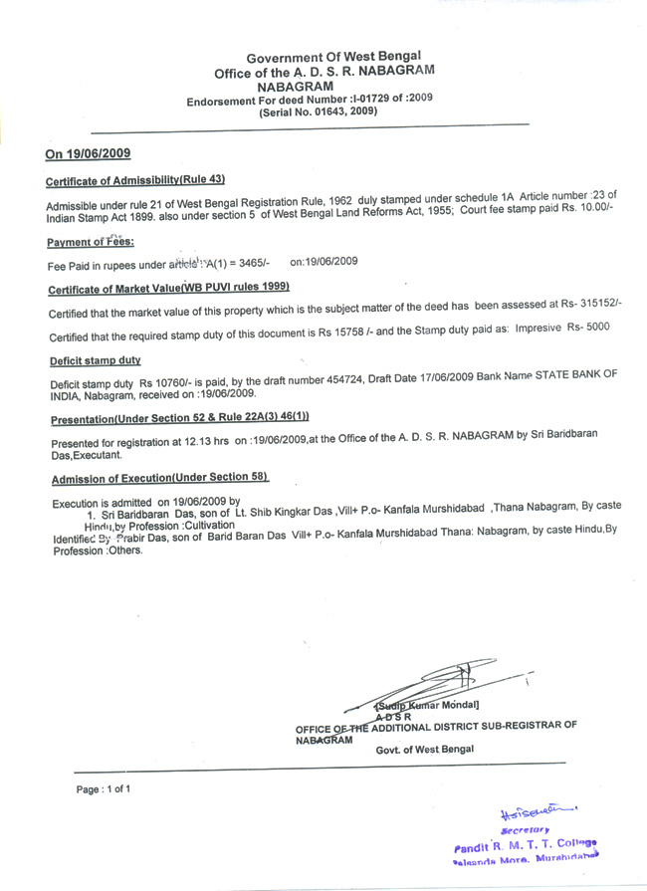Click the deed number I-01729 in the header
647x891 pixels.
tap(380, 100)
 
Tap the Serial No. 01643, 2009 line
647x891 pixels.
tap(318, 112)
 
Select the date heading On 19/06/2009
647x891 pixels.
tap(88, 153)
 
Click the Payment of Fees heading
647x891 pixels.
tap(91, 242)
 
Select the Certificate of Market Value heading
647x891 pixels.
tap(161, 289)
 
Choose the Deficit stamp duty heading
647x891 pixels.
tap(95, 359)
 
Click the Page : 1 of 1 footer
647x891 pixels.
tap(104, 788)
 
